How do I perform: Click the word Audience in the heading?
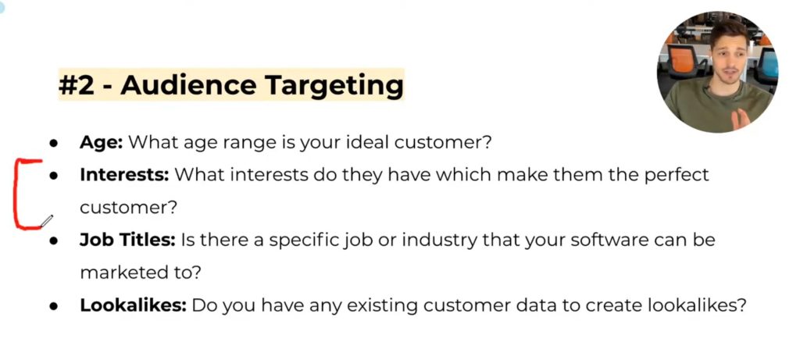188,84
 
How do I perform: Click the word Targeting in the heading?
334,85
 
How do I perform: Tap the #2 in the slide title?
77,85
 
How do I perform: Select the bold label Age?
101,142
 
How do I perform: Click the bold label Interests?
124,175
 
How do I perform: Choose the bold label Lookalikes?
133,305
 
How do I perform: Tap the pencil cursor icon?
46,221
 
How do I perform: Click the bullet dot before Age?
53,143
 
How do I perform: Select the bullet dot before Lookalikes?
53,306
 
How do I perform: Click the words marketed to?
141,273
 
